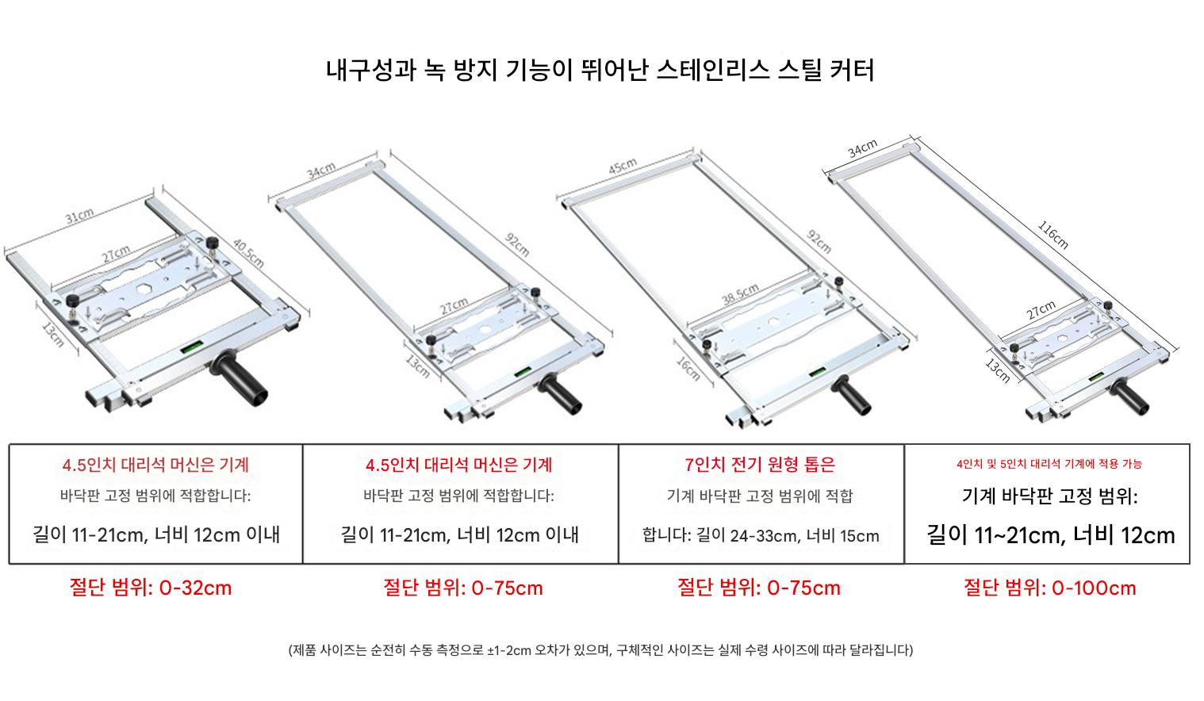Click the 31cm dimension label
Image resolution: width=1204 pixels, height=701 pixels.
[79, 215]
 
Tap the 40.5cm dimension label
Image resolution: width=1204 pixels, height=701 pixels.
[248, 253]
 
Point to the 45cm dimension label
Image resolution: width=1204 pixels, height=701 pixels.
[623, 166]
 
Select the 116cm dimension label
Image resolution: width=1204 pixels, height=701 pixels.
[1053, 235]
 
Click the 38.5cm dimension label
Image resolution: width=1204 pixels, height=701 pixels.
[740, 293]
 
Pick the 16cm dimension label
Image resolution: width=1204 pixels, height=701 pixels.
[688, 369]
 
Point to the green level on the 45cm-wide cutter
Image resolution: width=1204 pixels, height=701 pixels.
[817, 371]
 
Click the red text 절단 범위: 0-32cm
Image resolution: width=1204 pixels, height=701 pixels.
[151, 588]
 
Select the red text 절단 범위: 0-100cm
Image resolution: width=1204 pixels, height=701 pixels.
[1050, 588]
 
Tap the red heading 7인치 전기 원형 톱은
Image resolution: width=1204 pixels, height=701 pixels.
[760, 465]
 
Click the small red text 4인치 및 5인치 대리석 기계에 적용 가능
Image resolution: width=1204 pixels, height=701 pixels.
[1049, 464]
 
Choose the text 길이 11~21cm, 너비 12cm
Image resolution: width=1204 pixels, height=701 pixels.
[1050, 535]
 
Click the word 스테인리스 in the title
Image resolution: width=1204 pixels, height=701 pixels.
[713, 71]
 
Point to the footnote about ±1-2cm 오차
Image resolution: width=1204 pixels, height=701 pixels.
[601, 650]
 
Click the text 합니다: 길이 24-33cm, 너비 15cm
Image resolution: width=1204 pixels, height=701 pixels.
[761, 535]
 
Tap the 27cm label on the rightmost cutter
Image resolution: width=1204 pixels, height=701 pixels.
[1041, 310]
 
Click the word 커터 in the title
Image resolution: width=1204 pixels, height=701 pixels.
[853, 71]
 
